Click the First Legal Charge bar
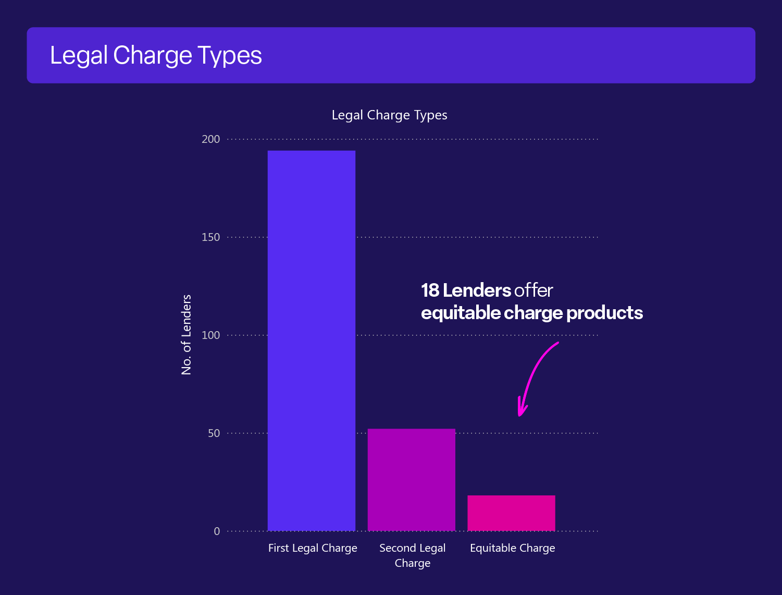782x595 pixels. click(x=312, y=340)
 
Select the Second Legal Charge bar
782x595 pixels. click(x=411, y=479)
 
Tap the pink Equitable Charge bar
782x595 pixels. click(x=511, y=513)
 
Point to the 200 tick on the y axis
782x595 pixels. click(x=211, y=139)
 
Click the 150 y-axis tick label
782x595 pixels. click(x=211, y=237)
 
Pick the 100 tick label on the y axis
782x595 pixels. click(x=211, y=335)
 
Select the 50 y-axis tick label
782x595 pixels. click(x=214, y=433)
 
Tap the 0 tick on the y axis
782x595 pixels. click(x=217, y=531)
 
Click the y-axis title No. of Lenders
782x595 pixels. click(x=187, y=335)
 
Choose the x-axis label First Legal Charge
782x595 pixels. click(x=313, y=548)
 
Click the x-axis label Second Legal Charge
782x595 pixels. click(x=412, y=555)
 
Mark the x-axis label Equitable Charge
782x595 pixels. click(x=512, y=548)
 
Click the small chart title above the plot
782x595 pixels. click(x=389, y=115)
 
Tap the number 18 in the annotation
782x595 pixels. click(x=430, y=290)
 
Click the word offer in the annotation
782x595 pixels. click(x=533, y=290)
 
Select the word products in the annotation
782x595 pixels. click(x=604, y=313)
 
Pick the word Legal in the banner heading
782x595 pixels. click(x=79, y=56)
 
